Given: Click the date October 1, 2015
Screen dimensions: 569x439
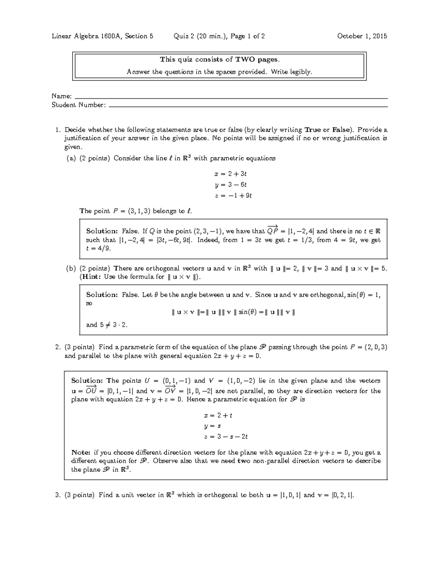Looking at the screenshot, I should (x=362, y=36).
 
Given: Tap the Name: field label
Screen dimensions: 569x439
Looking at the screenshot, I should (x=61, y=96).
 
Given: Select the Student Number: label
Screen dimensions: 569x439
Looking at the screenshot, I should (x=79, y=105).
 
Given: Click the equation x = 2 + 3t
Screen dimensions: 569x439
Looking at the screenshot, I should (x=228, y=174).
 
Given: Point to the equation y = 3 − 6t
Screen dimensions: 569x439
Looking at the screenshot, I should (x=228, y=185).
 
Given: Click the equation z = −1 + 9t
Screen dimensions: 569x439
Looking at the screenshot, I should (x=228, y=196).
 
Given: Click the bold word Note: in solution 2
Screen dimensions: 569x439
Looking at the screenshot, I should (x=81, y=452).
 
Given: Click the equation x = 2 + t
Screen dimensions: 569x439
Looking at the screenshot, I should (x=218, y=415).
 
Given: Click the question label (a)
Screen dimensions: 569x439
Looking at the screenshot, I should (x=71, y=158).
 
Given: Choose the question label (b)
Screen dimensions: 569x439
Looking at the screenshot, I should (x=71, y=269).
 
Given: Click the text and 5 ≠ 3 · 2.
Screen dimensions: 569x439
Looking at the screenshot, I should (x=106, y=325).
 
